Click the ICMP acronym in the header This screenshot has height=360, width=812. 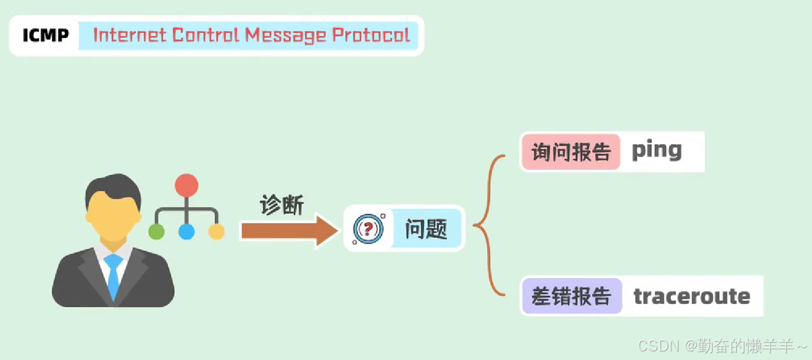(x=46, y=35)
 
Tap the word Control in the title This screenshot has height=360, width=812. (x=206, y=35)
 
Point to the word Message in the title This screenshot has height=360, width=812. (x=286, y=36)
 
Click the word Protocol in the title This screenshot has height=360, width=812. (x=371, y=36)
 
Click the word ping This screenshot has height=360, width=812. (x=657, y=151)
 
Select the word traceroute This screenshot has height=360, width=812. (x=692, y=296)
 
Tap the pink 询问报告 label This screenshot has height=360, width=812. (x=571, y=152)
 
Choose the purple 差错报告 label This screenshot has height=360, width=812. (x=571, y=296)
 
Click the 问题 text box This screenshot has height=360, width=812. (x=426, y=229)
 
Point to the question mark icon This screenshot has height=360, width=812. (x=368, y=229)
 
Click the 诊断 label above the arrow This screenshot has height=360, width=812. (x=282, y=205)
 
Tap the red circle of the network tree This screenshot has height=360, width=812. (x=186, y=186)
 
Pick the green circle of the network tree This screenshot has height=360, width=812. (x=156, y=232)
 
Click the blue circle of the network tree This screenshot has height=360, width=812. (x=186, y=232)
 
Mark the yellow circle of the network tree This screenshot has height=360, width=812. (x=217, y=232)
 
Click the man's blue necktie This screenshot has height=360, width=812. (x=113, y=274)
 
